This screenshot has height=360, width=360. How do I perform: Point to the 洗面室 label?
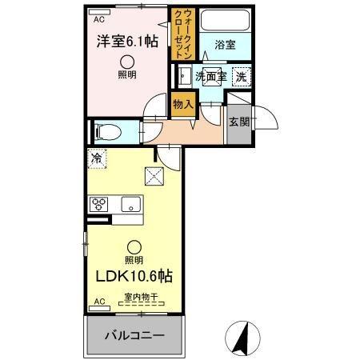point(212,77)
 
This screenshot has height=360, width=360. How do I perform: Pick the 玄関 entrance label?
point(238,122)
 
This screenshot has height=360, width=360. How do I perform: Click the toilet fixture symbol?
point(107,130)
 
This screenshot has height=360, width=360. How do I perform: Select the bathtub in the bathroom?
point(224,22)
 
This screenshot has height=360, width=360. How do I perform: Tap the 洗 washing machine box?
point(241,77)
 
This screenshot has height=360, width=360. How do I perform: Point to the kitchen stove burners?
point(99,205)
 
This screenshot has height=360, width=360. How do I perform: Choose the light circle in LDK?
point(134,246)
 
